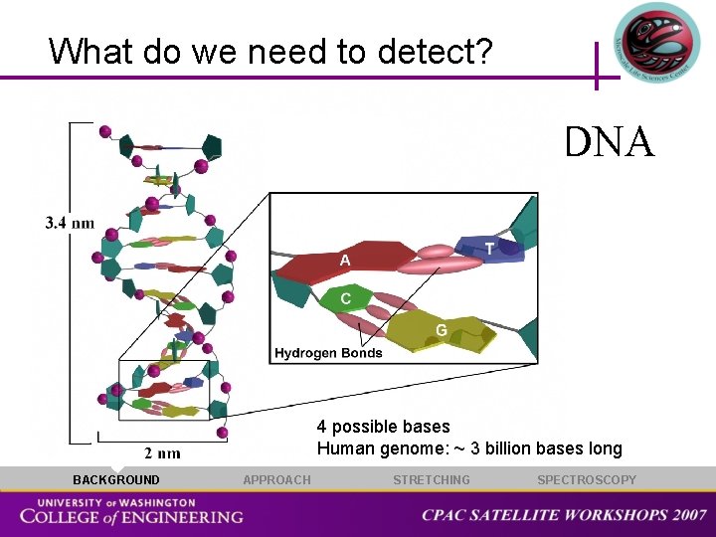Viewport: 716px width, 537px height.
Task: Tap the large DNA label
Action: click(609, 142)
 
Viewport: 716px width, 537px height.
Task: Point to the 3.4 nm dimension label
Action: click(69, 223)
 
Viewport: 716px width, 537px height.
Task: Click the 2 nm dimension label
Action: click(162, 453)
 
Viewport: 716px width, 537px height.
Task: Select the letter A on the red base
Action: click(345, 260)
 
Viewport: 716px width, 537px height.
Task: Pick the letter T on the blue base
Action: click(490, 249)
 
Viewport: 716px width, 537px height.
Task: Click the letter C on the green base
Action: click(345, 297)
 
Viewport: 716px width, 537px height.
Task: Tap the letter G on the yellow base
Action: click(440, 329)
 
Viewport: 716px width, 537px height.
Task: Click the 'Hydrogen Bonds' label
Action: click(328, 353)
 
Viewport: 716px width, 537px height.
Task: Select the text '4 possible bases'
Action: click(383, 427)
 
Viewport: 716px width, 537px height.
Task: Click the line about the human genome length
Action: click(469, 448)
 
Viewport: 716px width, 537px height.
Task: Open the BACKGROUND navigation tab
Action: click(115, 480)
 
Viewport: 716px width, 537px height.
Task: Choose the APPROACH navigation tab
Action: click(276, 480)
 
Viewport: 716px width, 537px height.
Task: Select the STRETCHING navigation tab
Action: click(432, 480)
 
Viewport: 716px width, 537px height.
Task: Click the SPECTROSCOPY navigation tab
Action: click(587, 480)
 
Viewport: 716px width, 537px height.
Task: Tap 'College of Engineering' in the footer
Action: click(131, 517)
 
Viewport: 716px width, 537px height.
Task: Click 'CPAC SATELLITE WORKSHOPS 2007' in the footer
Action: click(564, 515)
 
